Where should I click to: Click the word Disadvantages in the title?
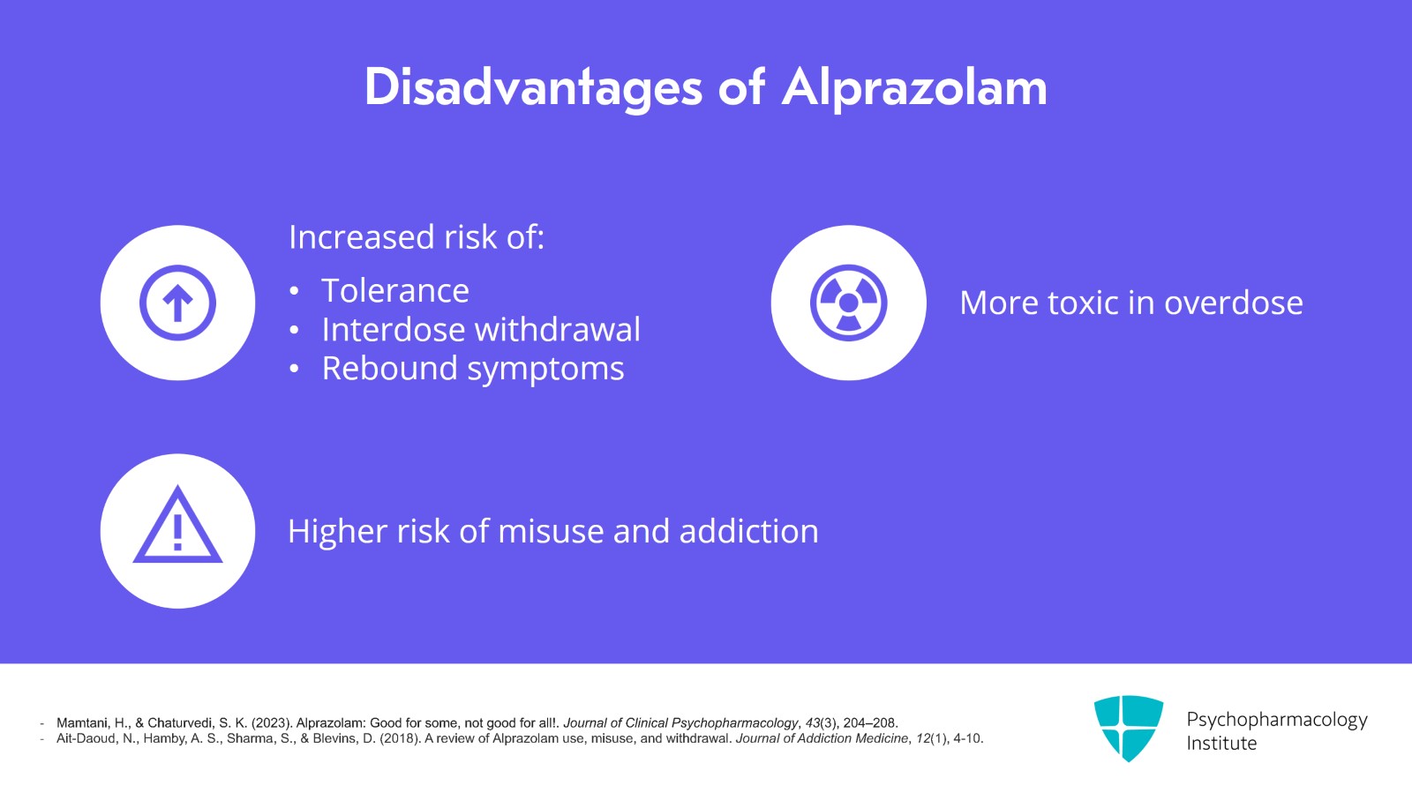[x=533, y=88]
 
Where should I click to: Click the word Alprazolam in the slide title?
[x=914, y=88]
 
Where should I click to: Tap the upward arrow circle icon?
[x=177, y=303]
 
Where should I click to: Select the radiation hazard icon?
[x=848, y=303]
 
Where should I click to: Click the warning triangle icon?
[x=177, y=524]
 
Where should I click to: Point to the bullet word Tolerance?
[x=395, y=290]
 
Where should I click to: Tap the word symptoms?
[x=546, y=370]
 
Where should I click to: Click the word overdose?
[x=1234, y=303]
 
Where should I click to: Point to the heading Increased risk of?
[x=417, y=236]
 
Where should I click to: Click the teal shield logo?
[x=1129, y=728]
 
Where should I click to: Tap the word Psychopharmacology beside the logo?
[x=1277, y=720]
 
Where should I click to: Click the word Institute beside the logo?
[x=1221, y=744]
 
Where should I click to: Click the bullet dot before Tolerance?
[x=294, y=291]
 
